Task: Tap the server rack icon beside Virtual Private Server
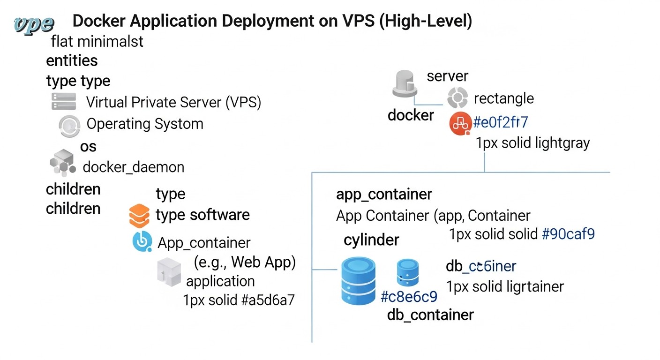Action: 63,101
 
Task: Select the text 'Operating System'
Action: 145,124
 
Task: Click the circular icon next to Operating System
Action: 69,125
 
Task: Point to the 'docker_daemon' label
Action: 133,167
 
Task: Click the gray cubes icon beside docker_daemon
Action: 62,162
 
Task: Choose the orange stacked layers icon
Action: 139,216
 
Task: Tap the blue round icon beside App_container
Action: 142,242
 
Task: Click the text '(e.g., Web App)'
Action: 245,262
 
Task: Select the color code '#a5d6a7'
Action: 268,300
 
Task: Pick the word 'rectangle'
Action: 504,98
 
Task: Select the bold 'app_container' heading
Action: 384,194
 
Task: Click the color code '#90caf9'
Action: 568,233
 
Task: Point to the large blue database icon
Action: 359,281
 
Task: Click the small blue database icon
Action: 408,274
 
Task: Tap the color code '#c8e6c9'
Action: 409,297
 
